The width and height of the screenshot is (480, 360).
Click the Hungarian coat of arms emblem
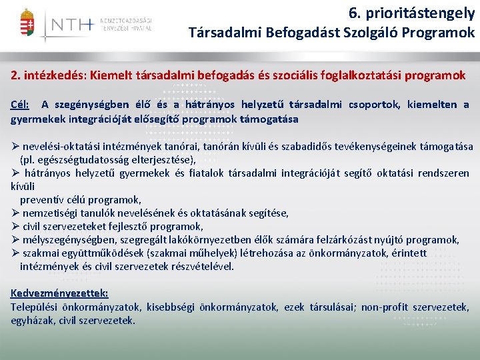[27, 25]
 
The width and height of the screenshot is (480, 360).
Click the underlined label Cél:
[20, 105]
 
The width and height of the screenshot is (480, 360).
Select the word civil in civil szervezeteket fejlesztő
[33, 226]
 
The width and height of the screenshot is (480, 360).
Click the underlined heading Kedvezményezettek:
[59, 293]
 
